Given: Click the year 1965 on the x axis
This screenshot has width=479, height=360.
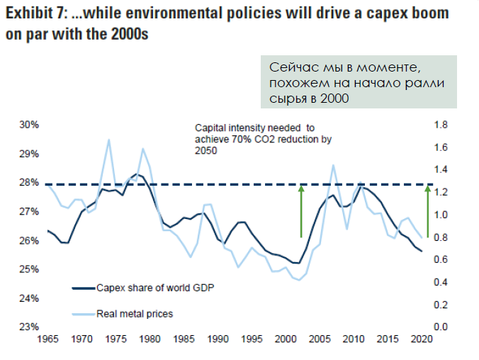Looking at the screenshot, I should tap(47, 339).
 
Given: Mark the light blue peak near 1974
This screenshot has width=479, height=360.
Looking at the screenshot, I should tap(109, 140).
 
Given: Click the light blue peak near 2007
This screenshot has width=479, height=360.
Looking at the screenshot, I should tap(333, 165).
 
